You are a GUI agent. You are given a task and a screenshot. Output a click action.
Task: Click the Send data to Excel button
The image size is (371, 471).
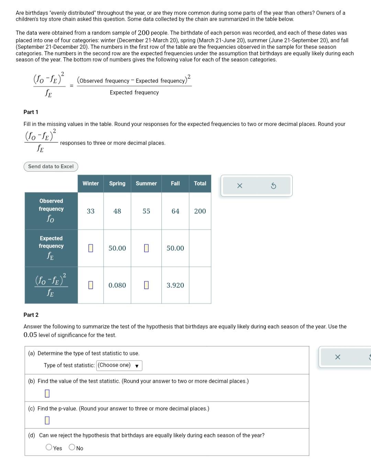tap(51, 166)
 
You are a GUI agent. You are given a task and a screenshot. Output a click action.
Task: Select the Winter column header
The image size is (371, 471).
tap(91, 184)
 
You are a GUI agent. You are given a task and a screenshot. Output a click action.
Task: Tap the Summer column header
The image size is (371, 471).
tap(146, 184)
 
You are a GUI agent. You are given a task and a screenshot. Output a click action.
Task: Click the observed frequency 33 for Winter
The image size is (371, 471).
tap(91, 211)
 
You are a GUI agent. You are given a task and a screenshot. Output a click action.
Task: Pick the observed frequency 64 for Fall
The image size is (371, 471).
tap(175, 211)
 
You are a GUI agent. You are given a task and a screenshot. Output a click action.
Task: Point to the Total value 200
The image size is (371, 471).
tap(200, 211)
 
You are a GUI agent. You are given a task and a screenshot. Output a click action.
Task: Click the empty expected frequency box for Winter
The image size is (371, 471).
tap(91, 248)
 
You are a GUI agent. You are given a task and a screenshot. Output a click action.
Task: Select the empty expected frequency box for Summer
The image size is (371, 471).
tap(146, 248)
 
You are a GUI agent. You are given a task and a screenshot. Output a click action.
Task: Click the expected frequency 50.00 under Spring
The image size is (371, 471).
tap(117, 248)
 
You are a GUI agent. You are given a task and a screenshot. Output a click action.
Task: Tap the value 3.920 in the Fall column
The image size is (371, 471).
tap(175, 285)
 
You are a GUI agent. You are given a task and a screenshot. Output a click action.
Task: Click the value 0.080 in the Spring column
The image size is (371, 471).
tap(117, 285)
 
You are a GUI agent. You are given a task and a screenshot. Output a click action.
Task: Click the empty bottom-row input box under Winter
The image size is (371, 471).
tap(91, 285)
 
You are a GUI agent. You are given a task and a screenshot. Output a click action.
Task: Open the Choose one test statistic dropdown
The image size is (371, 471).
tap(119, 365)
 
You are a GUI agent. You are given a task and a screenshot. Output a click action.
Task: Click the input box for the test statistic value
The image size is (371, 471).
tap(47, 393)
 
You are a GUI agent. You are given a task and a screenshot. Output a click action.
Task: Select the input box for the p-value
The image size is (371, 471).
tap(47, 420)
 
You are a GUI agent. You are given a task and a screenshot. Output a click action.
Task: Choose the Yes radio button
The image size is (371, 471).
tap(49, 447)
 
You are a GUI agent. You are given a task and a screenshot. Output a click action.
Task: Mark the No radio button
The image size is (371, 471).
tap(72, 447)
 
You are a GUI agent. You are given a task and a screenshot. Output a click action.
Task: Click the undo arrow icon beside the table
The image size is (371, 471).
tap(273, 186)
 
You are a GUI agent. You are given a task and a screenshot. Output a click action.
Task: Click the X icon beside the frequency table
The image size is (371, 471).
tap(240, 186)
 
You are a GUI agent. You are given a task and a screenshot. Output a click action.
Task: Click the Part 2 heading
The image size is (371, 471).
tap(31, 315)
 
